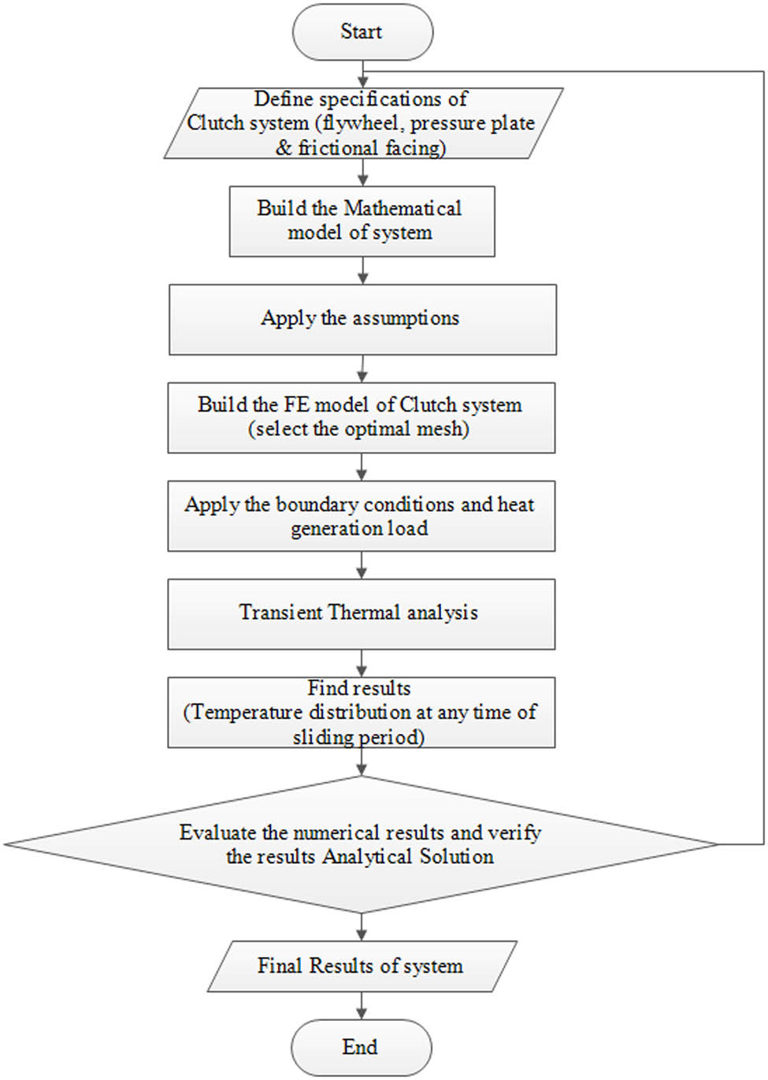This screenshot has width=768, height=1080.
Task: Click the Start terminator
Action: click(x=362, y=32)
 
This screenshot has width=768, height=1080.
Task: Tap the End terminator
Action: click(x=362, y=1047)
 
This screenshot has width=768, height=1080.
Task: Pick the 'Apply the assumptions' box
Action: click(x=362, y=319)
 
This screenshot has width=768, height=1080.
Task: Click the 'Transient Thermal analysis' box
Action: click(x=361, y=613)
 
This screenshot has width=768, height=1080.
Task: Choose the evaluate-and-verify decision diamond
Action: click(x=362, y=844)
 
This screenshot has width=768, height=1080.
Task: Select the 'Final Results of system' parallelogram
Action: click(x=362, y=966)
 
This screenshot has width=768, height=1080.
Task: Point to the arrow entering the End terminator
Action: click(x=362, y=1006)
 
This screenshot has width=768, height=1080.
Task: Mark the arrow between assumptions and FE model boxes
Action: click(x=362, y=369)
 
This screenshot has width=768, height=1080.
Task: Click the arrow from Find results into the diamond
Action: click(x=362, y=762)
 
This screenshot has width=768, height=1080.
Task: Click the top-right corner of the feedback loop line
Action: click(x=763, y=72)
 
